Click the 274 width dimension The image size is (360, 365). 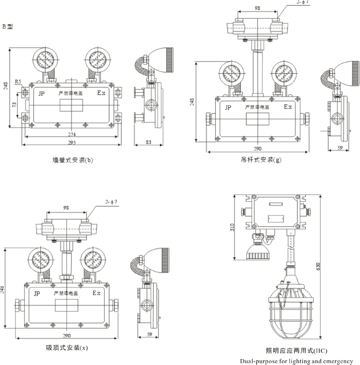click(73, 134)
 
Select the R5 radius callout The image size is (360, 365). click(18, 81)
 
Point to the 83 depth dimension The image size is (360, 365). click(148, 142)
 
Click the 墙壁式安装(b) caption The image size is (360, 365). click(72, 160)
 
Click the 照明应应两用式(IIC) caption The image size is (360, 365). click(296, 351)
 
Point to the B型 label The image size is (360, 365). click(8, 26)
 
